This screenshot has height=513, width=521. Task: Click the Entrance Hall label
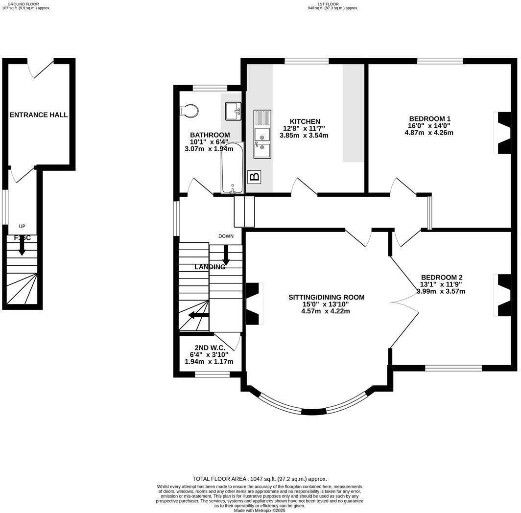tap(39, 115)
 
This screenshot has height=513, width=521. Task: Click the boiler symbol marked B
tap(254, 177)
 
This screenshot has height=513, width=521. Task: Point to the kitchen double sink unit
tap(261, 134)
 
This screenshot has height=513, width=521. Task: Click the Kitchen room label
tap(305, 121)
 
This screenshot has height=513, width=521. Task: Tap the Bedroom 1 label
tap(429, 118)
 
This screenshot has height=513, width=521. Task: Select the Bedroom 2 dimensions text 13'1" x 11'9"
tap(441, 284)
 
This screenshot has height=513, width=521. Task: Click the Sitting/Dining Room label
tap(326, 297)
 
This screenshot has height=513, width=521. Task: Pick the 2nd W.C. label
tap(210, 348)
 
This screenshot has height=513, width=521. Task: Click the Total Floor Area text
tap(260, 479)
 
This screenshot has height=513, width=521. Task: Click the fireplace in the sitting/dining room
tap(253, 303)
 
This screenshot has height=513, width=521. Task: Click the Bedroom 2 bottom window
tap(453, 368)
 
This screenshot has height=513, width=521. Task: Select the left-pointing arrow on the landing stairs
tap(197, 315)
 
